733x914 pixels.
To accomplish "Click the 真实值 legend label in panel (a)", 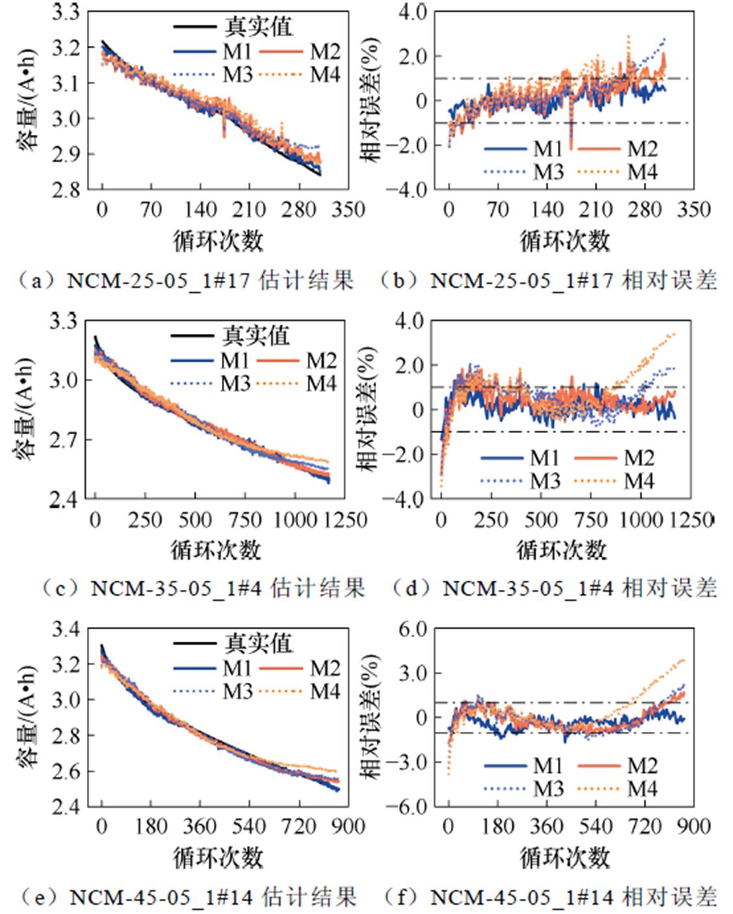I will pos(258,27).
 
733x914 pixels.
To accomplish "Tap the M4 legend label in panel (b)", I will pos(642,172).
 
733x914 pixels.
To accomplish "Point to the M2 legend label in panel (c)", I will pos(322,360).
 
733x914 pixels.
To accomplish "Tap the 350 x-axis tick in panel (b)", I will pos(693,209).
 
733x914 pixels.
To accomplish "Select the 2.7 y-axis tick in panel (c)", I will pos(65,439).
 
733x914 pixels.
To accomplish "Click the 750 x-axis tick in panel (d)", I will pos(591,519).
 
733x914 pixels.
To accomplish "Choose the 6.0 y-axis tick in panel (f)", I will pos(413,629).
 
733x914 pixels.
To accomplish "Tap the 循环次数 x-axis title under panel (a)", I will pos(218,241).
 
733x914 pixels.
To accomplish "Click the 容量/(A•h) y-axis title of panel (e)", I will pos(27,717).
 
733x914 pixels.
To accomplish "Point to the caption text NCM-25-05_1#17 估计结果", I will pos(210,281).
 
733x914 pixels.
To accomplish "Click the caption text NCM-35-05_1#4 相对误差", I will pos(579,588).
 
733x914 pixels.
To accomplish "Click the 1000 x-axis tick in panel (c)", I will pos(294,519).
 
